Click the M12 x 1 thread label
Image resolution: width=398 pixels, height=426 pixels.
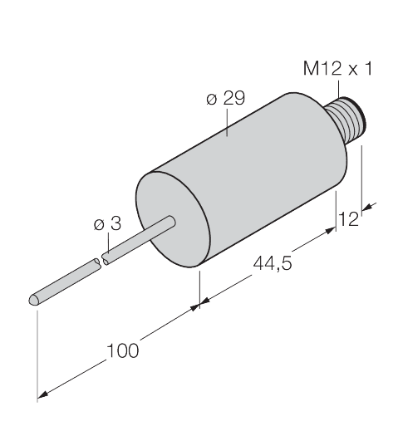click(x=338, y=68)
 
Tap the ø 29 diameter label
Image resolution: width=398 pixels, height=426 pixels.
click(x=226, y=98)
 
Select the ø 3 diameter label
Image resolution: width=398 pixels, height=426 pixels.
click(x=107, y=223)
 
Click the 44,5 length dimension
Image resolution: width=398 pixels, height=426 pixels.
click(x=273, y=263)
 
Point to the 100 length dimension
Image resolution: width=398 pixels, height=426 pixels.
click(x=122, y=350)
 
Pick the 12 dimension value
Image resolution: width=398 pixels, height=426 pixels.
click(x=348, y=219)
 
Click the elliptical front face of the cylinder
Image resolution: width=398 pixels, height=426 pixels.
click(x=173, y=219)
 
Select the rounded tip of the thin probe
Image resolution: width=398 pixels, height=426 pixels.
click(x=34, y=301)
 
